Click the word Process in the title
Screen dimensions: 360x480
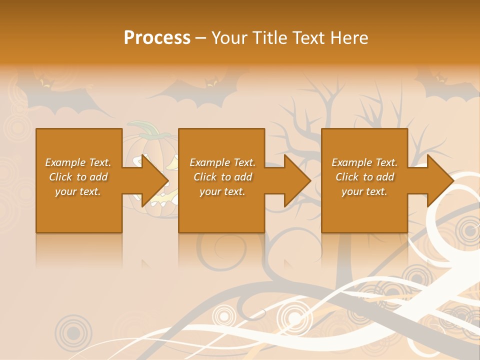pos(157,38)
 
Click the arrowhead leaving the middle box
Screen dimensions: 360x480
pos(297,180)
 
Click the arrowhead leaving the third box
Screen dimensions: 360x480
pos(439,180)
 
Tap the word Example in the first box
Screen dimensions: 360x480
pos(65,162)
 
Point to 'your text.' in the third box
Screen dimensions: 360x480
pos(364,191)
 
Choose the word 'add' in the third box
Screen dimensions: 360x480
pos(385,177)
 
